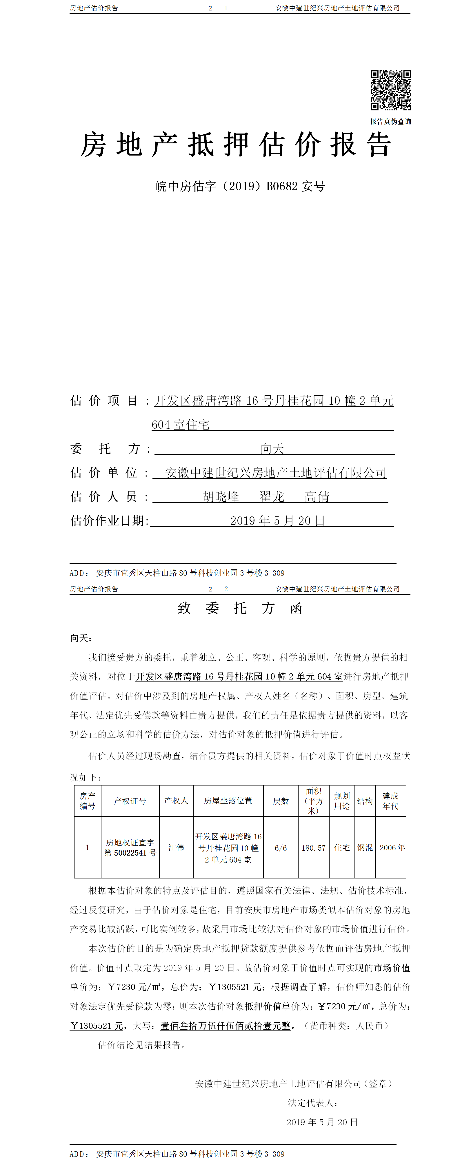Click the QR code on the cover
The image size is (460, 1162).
pos(390,90)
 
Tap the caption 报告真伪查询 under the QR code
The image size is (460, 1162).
pos(390,121)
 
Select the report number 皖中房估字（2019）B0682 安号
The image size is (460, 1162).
pos(240,186)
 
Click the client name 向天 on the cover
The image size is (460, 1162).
pos(272,448)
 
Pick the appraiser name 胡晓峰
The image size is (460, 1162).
pos(221,497)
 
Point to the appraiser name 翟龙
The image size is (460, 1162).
pos(272,497)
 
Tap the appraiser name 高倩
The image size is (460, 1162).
pos(317,497)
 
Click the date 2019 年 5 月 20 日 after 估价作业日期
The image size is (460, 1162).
pos(278,520)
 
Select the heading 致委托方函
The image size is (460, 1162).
pos(240,608)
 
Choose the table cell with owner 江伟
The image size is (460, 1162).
pos(176,847)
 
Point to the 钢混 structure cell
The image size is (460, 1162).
pos(365,847)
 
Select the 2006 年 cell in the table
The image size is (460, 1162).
pos(392,847)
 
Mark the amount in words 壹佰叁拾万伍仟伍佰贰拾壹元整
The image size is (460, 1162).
pos(225,1025)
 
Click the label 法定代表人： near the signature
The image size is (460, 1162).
pos(313,1102)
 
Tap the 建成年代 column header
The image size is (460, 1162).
pos(390,801)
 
